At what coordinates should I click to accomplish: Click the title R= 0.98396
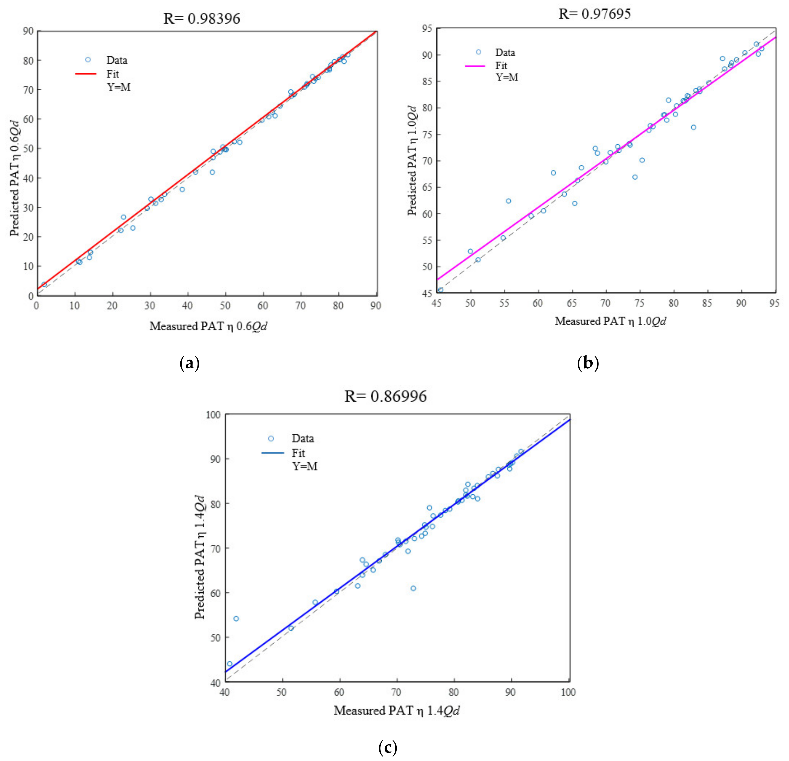pyautogui.click(x=201, y=19)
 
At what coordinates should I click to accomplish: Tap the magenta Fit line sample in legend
pyautogui.click(x=475, y=66)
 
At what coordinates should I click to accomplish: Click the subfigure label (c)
pyautogui.click(x=388, y=748)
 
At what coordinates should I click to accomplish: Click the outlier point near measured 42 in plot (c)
pyautogui.click(x=236, y=619)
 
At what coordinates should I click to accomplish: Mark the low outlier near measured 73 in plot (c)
pyautogui.click(x=413, y=588)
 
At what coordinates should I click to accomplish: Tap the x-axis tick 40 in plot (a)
pyautogui.click(x=187, y=306)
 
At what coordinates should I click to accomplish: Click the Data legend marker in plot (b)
pyautogui.click(x=478, y=52)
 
